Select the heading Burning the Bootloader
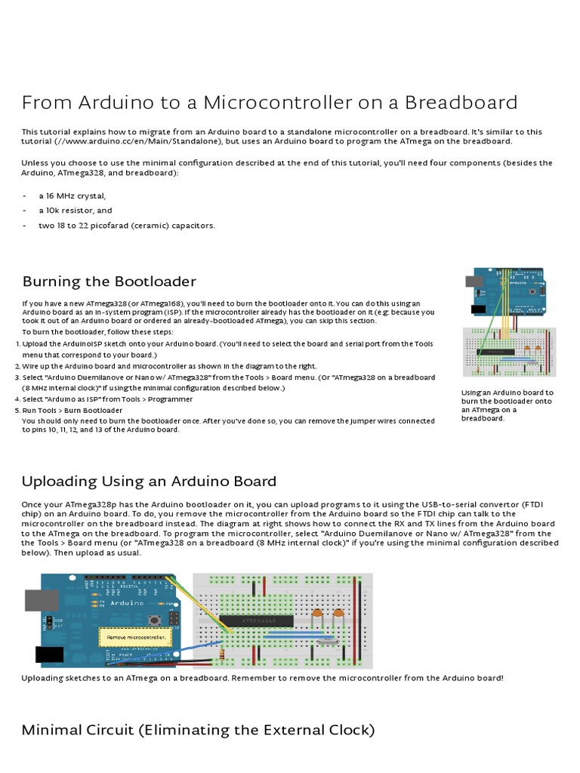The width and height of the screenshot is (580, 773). click(x=109, y=282)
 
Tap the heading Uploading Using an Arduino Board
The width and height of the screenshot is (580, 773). click(x=149, y=481)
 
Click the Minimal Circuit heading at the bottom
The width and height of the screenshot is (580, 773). click(x=198, y=730)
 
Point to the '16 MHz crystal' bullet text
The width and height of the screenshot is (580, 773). click(x=72, y=196)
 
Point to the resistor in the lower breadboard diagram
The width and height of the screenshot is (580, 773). click(x=222, y=655)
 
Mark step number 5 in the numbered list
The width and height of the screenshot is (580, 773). click(x=17, y=410)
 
